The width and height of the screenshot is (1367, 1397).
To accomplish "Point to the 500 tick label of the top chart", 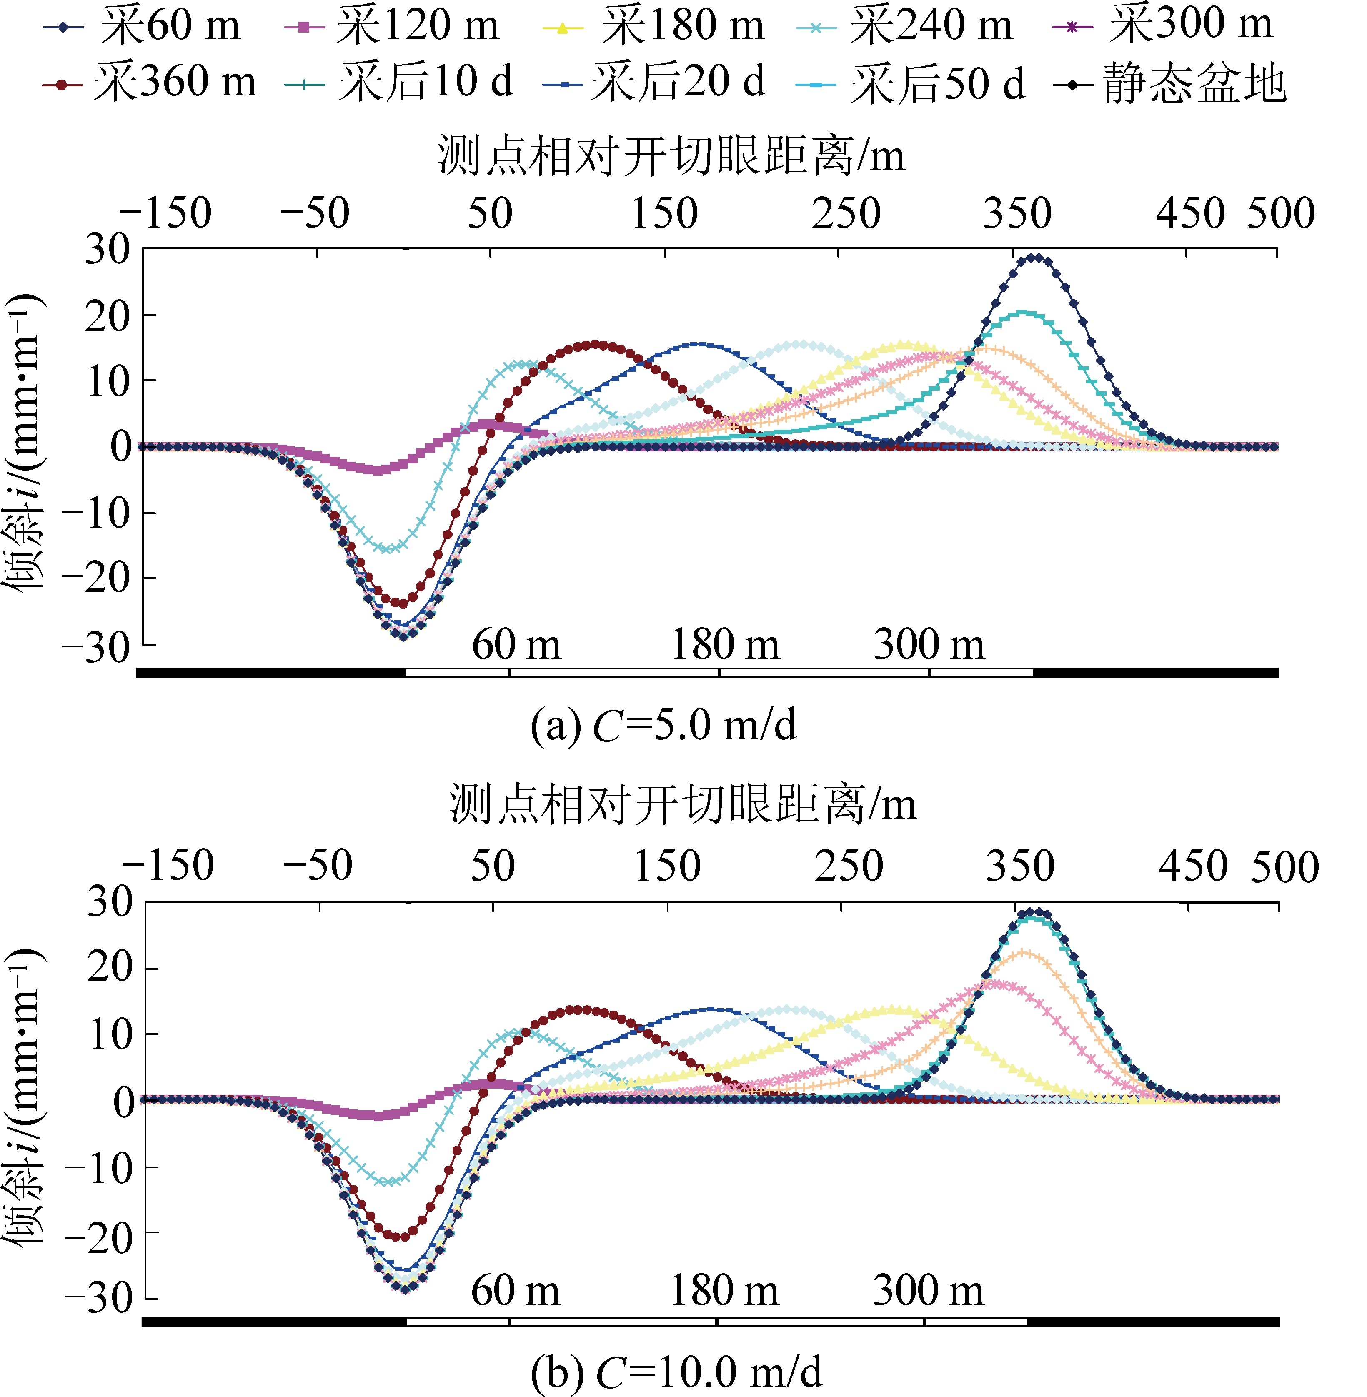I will tap(1281, 213).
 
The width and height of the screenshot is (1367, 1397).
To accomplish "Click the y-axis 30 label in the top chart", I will tap(108, 249).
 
